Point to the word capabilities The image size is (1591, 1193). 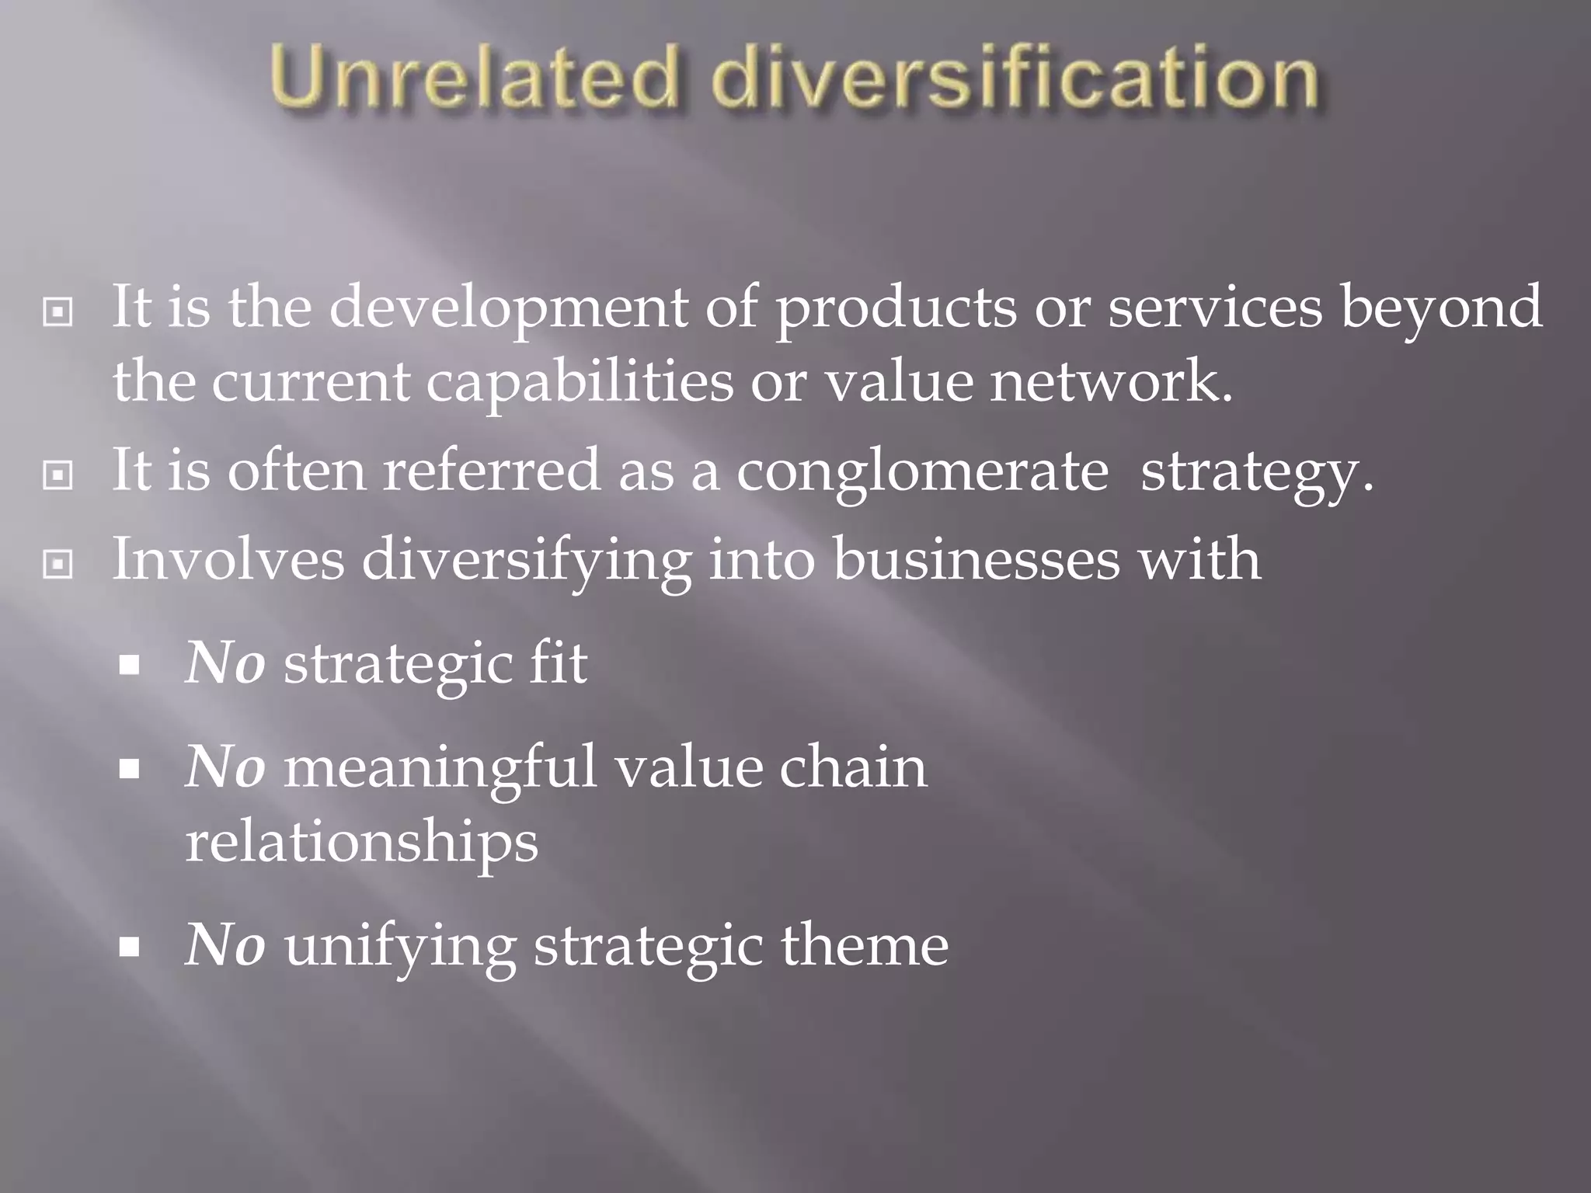[x=580, y=383]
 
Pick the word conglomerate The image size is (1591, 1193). [x=922, y=471]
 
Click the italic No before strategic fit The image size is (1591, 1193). [x=225, y=664]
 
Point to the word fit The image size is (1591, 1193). [x=558, y=664]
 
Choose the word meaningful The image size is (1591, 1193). [x=440, y=768]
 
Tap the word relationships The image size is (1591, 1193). [x=362, y=843]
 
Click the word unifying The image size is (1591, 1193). [x=400, y=948]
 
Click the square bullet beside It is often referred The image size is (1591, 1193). [x=58, y=474]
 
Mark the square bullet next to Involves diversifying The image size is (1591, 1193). [x=58, y=564]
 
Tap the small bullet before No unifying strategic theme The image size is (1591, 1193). [x=130, y=948]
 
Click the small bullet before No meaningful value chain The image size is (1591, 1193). [x=130, y=769]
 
